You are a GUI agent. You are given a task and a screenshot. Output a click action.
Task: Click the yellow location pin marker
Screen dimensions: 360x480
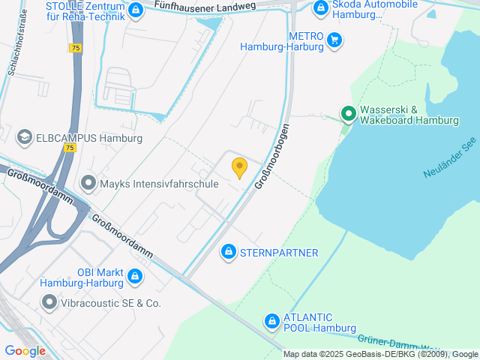239,168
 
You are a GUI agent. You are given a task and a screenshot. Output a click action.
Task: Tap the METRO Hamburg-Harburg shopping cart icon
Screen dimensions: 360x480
334,40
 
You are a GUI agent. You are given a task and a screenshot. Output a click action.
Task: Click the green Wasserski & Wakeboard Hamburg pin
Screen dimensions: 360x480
348,114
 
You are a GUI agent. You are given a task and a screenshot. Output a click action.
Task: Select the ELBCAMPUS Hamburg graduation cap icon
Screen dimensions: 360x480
24,138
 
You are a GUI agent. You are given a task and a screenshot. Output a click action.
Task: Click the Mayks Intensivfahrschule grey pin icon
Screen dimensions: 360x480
88,183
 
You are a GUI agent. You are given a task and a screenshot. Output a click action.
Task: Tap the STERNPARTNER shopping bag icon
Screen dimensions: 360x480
227,253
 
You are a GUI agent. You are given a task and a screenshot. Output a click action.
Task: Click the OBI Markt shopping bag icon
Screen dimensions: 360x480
135,277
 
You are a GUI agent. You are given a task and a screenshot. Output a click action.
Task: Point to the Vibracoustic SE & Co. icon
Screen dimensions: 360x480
49,303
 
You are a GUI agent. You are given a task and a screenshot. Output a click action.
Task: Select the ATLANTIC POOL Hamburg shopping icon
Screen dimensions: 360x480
271,322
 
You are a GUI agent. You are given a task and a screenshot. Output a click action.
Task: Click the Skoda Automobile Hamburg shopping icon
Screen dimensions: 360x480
320,8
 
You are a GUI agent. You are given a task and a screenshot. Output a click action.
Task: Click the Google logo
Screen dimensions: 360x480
25,350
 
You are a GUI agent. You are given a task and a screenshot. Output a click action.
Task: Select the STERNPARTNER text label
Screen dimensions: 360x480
279,253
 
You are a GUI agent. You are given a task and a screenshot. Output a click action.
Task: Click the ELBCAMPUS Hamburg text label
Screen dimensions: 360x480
88,139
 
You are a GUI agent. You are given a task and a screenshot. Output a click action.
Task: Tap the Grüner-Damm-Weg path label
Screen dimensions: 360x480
390,343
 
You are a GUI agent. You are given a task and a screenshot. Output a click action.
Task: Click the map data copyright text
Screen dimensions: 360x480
381,354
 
